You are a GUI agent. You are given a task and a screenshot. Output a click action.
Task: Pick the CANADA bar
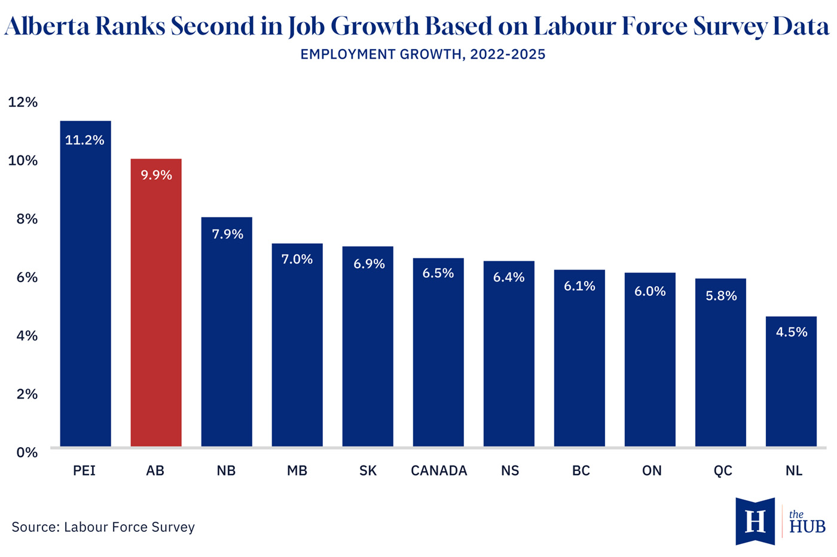tap(438, 352)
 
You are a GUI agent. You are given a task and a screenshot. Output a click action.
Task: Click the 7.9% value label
tap(228, 234)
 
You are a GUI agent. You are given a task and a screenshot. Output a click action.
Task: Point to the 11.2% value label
tap(85, 140)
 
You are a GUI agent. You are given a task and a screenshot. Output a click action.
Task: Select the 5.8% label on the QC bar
tap(721, 296)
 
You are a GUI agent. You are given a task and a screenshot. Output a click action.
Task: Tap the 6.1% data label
tap(579, 286)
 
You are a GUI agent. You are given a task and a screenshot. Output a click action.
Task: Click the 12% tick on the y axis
tap(23, 102)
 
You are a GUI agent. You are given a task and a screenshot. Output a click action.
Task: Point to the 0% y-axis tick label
tap(27, 452)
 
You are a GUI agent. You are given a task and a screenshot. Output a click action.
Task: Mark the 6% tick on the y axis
tap(27, 277)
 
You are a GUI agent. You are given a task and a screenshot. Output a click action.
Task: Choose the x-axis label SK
tap(368, 471)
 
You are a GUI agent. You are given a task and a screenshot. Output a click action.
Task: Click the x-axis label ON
tap(652, 471)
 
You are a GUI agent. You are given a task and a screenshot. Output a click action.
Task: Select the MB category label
tap(297, 471)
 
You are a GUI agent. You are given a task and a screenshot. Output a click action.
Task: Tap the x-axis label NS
tap(510, 471)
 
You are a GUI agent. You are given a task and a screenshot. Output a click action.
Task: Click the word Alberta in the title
tap(47, 26)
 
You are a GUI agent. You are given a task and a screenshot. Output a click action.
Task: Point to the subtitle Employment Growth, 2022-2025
tap(423, 54)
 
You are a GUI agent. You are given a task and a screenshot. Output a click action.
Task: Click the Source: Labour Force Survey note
tap(103, 527)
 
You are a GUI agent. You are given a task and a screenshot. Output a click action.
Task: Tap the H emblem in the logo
tap(755, 521)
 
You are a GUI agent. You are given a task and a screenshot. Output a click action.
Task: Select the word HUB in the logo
tap(807, 527)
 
